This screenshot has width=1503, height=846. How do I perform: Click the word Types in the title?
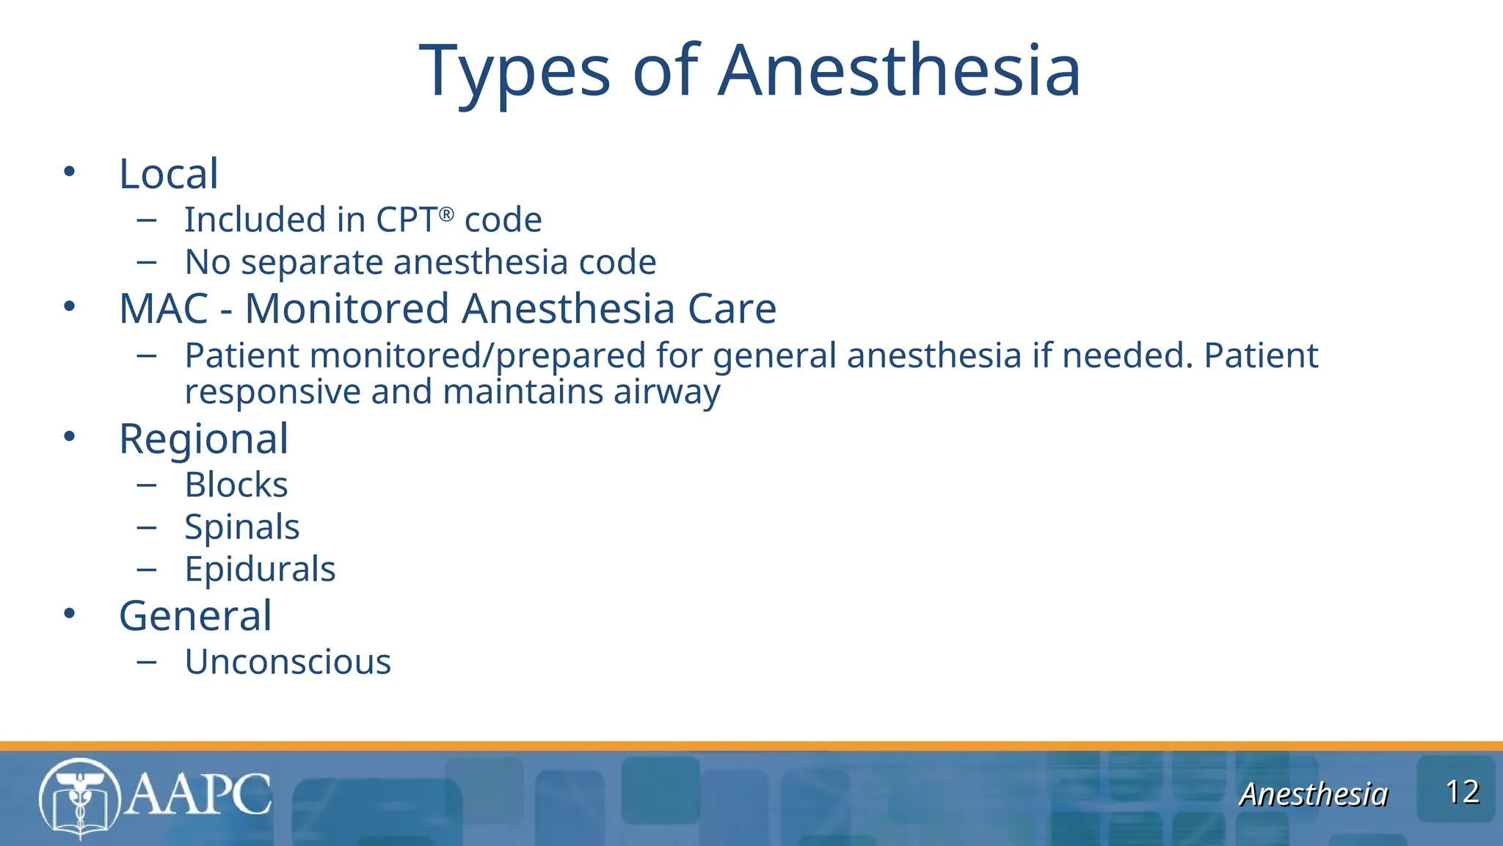[514, 72]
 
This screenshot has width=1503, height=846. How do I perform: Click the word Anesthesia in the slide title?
[898, 70]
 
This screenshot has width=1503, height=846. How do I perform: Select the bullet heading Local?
[169, 175]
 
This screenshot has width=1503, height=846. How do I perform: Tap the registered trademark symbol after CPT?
[447, 214]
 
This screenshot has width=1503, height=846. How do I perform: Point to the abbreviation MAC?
[164, 308]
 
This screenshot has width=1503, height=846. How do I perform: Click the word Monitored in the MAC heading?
[346, 308]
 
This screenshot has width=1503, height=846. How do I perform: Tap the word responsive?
[272, 392]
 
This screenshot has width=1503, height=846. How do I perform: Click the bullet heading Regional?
[203, 439]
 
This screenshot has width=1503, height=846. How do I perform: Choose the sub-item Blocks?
[236, 485]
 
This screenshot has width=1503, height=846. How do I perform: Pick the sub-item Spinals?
[241, 527]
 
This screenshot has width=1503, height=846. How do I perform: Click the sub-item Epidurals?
[260, 569]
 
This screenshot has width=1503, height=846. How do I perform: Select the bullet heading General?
[195, 615]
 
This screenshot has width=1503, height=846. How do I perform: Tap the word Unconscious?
[288, 662]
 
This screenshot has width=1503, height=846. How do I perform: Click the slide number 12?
[1462, 792]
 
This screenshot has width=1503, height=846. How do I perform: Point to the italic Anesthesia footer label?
[1314, 795]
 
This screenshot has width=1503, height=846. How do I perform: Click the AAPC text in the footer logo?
[198, 794]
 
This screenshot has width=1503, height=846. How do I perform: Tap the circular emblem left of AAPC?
[79, 798]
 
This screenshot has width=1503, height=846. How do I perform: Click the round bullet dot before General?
[70, 614]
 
